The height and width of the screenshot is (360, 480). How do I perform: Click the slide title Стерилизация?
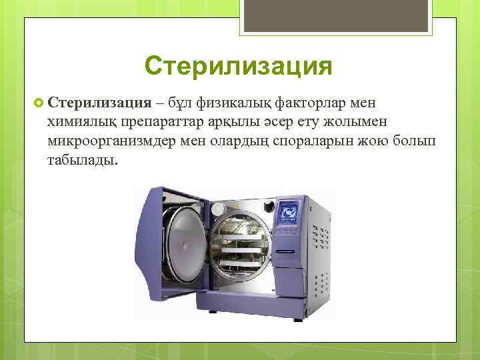click(x=238, y=67)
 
